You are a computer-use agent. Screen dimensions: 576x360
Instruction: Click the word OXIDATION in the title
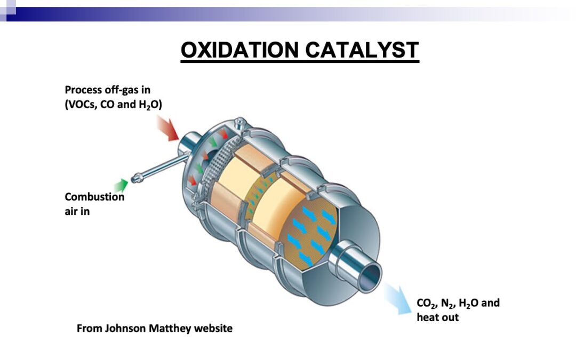pyautogui.click(x=239, y=50)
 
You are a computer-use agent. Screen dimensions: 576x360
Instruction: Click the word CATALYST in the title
pyautogui.click(x=362, y=50)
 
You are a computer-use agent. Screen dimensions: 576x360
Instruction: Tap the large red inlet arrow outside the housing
pyautogui.click(x=167, y=128)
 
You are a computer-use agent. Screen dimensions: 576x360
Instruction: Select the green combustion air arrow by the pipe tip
pyautogui.click(x=121, y=186)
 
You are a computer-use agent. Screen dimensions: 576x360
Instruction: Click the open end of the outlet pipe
pyautogui.click(x=371, y=275)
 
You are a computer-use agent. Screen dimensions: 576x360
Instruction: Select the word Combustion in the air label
pyautogui.click(x=95, y=197)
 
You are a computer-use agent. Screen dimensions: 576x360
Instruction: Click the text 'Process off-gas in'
pyautogui.click(x=108, y=90)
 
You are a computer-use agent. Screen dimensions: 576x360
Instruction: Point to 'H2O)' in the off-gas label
pyautogui.click(x=150, y=105)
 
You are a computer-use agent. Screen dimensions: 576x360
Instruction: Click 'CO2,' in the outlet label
pyautogui.click(x=427, y=303)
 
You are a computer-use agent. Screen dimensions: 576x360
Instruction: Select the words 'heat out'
pyautogui.click(x=437, y=317)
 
